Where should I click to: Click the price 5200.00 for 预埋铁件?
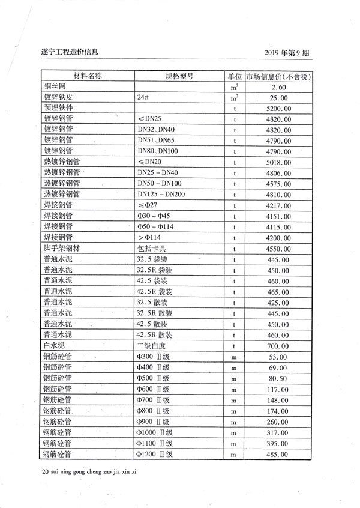coord(278,109)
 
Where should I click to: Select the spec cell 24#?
coord(143,98)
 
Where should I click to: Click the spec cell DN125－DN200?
coord(161,195)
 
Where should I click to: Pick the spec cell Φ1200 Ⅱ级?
coord(155,454)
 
